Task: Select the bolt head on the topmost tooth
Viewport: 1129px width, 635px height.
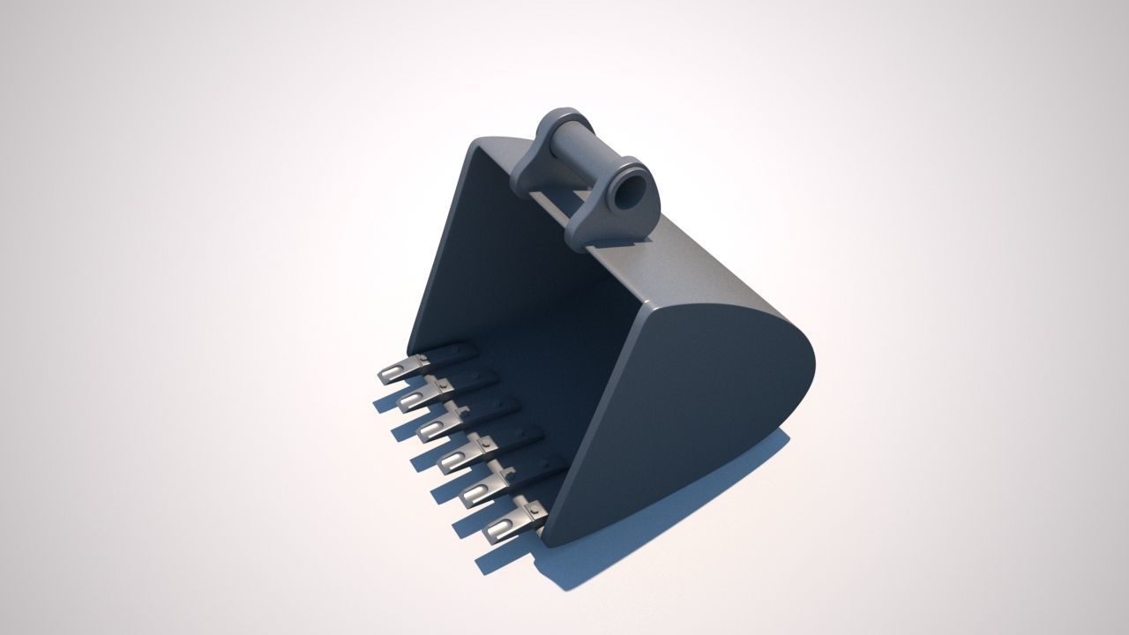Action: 423,358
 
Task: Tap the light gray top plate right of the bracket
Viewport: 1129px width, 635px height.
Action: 697,265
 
